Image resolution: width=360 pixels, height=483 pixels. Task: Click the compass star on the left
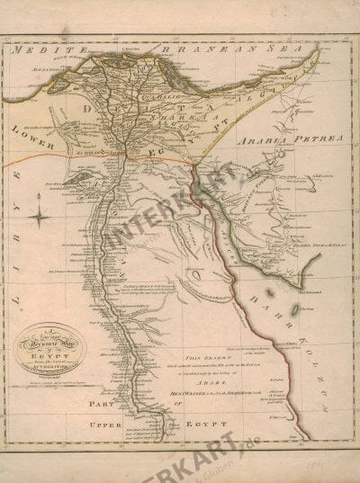pos(41,215)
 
